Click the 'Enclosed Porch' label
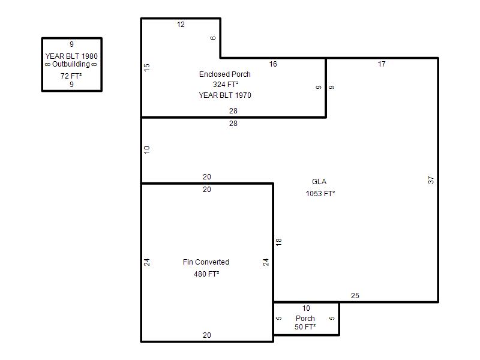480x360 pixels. pyautogui.click(x=224, y=74)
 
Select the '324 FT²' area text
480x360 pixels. pyautogui.click(x=226, y=84)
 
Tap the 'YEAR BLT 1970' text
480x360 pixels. pyautogui.click(x=225, y=95)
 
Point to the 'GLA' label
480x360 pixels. pyautogui.click(x=319, y=182)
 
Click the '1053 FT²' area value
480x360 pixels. pyautogui.click(x=320, y=193)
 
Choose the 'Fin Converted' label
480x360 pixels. pyautogui.click(x=206, y=262)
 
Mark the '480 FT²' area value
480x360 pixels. pyautogui.click(x=206, y=274)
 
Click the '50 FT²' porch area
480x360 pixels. pyautogui.click(x=305, y=326)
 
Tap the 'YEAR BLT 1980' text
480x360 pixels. pyautogui.click(x=71, y=56)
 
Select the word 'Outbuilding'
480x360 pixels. pyautogui.click(x=71, y=64)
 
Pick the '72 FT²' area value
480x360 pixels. pyautogui.click(x=71, y=76)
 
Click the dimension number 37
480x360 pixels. pyautogui.click(x=431, y=180)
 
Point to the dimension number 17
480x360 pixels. pyautogui.click(x=382, y=64)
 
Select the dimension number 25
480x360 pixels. pyautogui.click(x=355, y=296)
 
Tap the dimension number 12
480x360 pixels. pyautogui.click(x=181, y=25)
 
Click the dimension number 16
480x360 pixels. pyautogui.click(x=273, y=64)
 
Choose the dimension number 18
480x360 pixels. pyautogui.click(x=278, y=242)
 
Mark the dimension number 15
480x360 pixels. pyautogui.click(x=147, y=67)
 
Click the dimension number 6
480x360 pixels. pyautogui.click(x=213, y=38)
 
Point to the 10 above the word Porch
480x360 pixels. pyautogui.click(x=306, y=308)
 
